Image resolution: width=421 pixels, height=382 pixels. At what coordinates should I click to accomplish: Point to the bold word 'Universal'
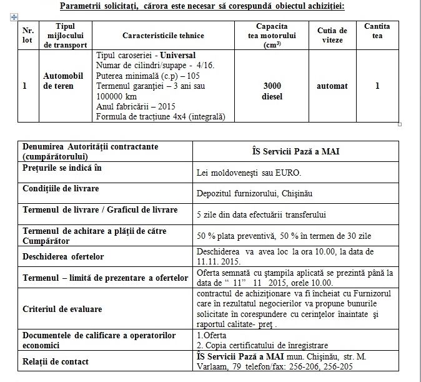[x=177, y=55]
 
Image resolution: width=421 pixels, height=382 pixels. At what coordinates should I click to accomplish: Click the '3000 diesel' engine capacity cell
[x=272, y=91]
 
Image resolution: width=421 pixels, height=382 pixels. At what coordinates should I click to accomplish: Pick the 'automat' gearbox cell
[x=332, y=86]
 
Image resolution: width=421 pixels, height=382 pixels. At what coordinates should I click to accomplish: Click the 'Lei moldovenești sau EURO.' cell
[x=248, y=172]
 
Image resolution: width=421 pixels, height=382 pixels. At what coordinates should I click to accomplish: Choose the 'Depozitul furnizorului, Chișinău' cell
[x=254, y=193]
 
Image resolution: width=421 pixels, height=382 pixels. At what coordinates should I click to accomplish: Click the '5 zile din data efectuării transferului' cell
[x=262, y=214]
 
